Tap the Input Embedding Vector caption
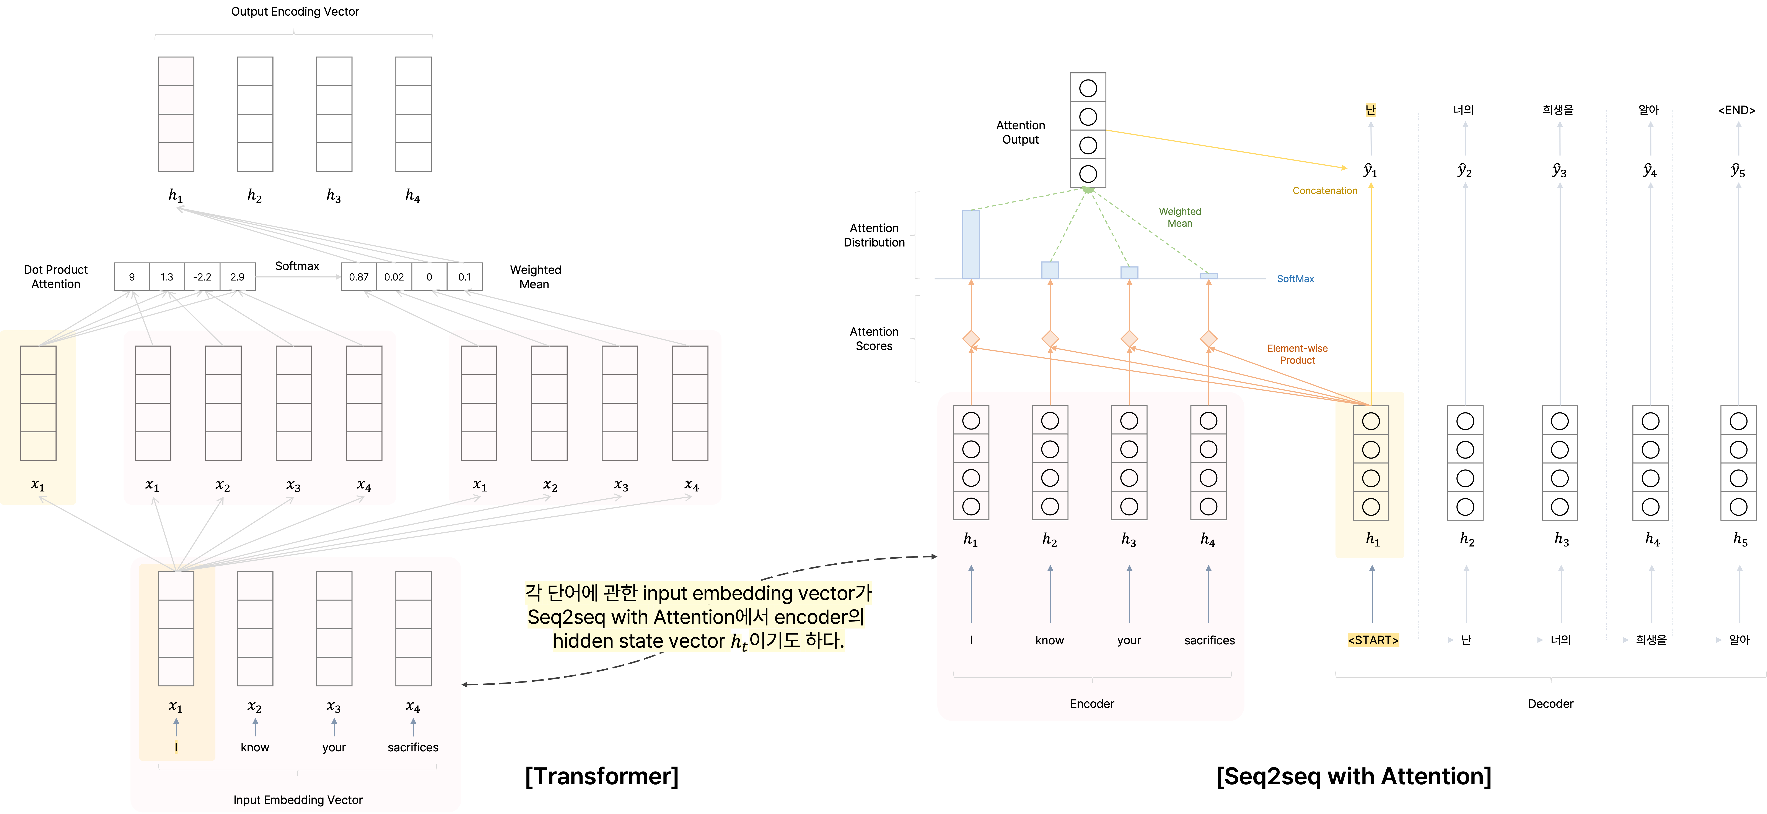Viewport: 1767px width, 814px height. (298, 800)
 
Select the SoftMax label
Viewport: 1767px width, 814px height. (1295, 278)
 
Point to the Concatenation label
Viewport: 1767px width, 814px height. (1325, 191)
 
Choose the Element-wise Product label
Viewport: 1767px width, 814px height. (1297, 354)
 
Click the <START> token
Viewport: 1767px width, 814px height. (1373, 640)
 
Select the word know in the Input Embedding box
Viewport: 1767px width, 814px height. (254, 747)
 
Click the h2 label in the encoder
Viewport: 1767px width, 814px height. (1049, 540)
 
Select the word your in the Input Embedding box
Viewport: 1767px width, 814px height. (334, 747)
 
